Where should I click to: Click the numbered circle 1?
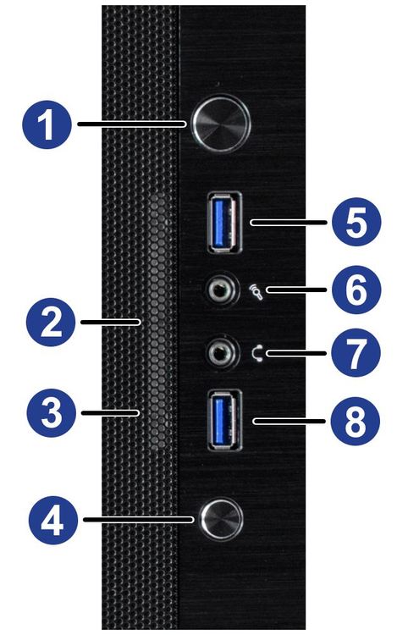tap(47, 124)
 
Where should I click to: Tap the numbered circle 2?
tap(51, 322)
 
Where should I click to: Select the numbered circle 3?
tap(52, 413)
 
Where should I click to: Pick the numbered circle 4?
tap(53, 520)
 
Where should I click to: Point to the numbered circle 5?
tap(356, 222)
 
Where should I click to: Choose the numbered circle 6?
tap(356, 290)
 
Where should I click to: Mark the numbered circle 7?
tap(356, 353)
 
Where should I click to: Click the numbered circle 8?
tap(355, 421)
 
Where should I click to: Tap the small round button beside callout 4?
tap(221, 520)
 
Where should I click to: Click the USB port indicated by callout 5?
tap(224, 223)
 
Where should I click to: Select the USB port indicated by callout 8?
tap(225, 420)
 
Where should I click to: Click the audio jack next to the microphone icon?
tap(221, 290)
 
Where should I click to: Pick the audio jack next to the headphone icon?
tap(221, 353)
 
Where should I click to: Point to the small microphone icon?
tap(256, 291)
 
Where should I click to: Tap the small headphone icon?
tap(257, 354)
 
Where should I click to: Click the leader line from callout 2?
tap(111, 322)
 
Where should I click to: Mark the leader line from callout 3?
tap(111, 413)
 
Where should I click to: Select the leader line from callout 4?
tap(139, 519)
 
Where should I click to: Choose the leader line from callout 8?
tap(289, 421)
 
